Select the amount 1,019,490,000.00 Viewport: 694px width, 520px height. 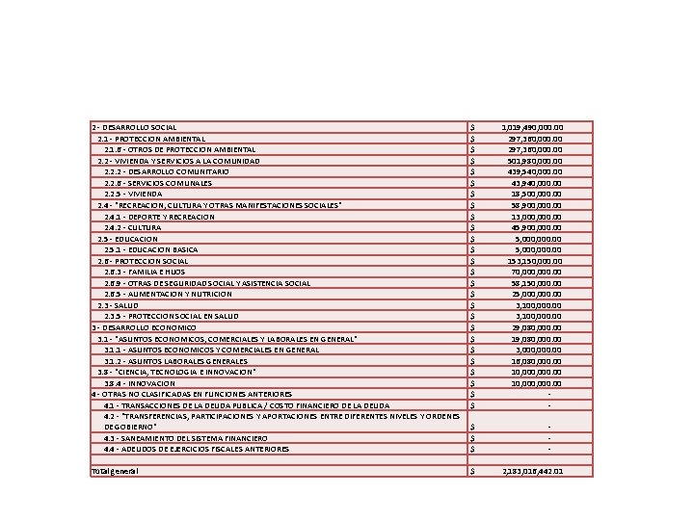point(533,127)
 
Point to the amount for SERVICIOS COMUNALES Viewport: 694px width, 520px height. point(537,183)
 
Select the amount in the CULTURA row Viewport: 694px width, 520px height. point(537,227)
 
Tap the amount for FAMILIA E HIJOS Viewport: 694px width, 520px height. point(537,273)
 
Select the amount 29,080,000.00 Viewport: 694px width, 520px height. point(537,327)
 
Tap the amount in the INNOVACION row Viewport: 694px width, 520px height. point(537,383)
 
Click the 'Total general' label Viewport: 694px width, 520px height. point(114,471)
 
